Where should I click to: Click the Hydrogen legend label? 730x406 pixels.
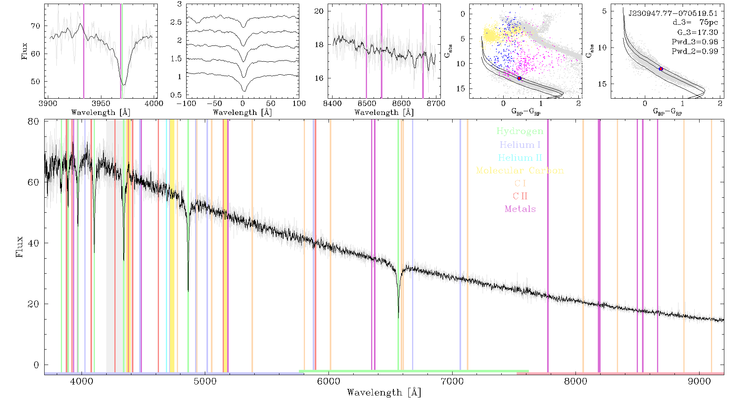(x=520, y=132)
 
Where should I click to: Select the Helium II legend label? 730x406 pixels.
(x=520, y=158)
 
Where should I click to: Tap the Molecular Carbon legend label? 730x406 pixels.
(x=520, y=171)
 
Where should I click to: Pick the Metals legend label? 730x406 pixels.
(x=520, y=209)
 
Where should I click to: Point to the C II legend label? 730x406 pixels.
(x=520, y=196)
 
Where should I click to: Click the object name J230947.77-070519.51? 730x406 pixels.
(x=673, y=13)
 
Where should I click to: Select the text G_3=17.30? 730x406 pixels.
(x=698, y=32)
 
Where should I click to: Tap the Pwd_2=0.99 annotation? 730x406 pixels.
(x=695, y=52)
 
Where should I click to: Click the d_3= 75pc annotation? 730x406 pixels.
(x=695, y=23)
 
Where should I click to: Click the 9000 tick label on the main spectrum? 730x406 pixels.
(x=699, y=382)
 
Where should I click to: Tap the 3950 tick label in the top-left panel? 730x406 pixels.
(x=101, y=103)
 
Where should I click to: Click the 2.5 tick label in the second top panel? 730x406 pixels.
(x=176, y=22)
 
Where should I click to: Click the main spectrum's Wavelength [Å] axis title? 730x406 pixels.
(x=384, y=393)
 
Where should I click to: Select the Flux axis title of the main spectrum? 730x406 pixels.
(x=19, y=247)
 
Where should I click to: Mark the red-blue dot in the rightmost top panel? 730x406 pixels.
(x=661, y=69)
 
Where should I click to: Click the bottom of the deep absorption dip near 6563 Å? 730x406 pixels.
(x=398, y=318)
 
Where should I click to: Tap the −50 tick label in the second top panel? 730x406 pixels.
(x=213, y=103)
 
